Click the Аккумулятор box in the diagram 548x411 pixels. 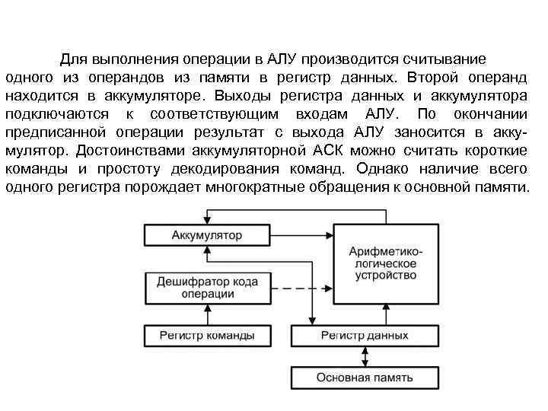pos(207,235)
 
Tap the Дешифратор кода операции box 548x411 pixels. pos(207,288)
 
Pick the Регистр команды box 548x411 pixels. pos(207,336)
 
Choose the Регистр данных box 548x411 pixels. pos(365,336)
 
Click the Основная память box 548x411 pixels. pos(365,378)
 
